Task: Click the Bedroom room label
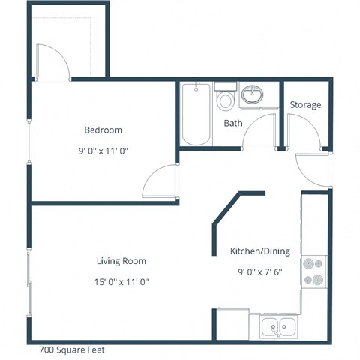click(103, 130)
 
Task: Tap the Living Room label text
click(121, 261)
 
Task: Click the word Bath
click(232, 123)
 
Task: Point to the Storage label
click(305, 105)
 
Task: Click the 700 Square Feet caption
click(70, 349)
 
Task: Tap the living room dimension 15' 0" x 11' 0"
click(121, 282)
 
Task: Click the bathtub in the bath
click(196, 114)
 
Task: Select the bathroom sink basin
click(251, 95)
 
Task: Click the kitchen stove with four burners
click(313, 271)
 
